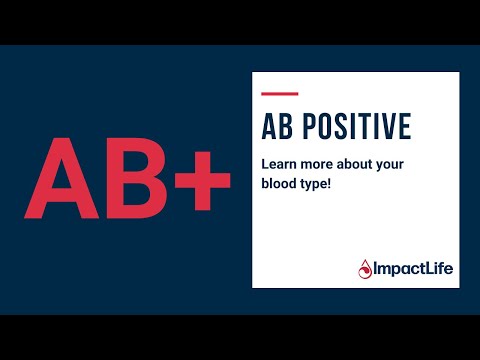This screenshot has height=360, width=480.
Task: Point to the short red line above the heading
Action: (x=273, y=94)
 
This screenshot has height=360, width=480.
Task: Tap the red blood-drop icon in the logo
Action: (x=366, y=269)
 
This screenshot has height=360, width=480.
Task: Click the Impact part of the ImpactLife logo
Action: (x=396, y=269)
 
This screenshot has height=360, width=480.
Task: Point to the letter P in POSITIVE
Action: (x=308, y=128)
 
